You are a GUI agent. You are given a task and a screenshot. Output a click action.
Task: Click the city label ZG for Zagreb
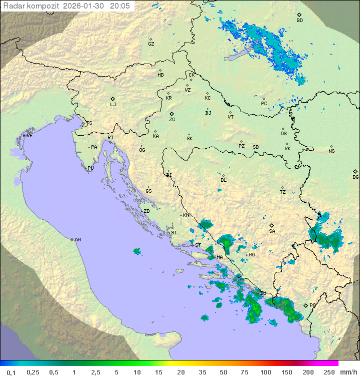(x=172, y=120)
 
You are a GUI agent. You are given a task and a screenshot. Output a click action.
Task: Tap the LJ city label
(x=113, y=104)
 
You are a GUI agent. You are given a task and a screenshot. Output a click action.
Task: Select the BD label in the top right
(x=299, y=21)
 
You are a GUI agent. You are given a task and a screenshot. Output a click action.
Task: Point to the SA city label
(x=272, y=231)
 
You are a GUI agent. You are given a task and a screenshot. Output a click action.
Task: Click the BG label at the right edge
(x=355, y=177)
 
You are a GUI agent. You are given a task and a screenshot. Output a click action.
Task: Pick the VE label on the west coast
(x=29, y=136)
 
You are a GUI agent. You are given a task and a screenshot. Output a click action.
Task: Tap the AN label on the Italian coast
(x=77, y=240)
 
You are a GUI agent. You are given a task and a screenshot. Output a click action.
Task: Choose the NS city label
(x=331, y=151)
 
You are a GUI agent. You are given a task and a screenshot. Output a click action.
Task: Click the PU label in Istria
(x=90, y=168)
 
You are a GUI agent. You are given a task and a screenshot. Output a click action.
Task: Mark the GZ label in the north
(x=151, y=44)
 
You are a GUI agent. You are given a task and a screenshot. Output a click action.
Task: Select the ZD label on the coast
(x=146, y=211)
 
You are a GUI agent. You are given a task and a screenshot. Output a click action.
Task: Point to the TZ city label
(x=283, y=192)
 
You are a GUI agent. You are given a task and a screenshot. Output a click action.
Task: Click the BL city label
(x=223, y=180)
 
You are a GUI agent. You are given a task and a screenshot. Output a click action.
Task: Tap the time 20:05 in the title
(x=119, y=6)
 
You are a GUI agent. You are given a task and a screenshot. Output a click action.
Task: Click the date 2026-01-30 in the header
(x=85, y=6)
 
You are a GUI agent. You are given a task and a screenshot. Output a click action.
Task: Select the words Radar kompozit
(x=32, y=6)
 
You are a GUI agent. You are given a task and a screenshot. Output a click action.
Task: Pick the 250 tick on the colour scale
(x=328, y=372)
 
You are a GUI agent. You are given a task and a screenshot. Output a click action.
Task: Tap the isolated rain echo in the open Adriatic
(x=136, y=251)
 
